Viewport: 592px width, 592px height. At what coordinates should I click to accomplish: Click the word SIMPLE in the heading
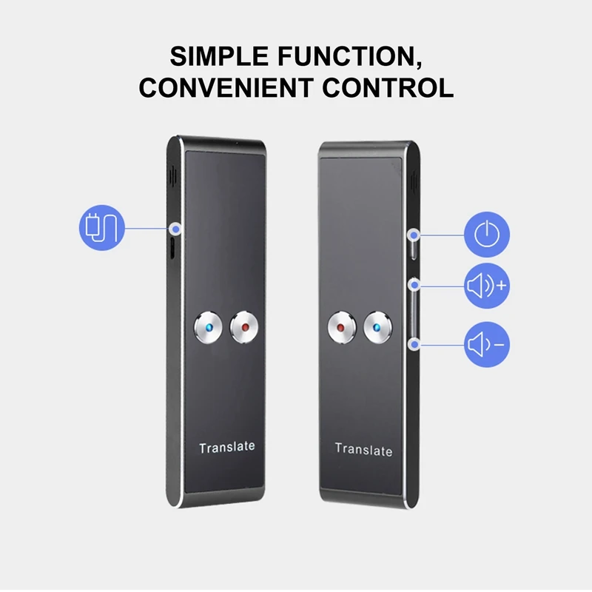[211, 57]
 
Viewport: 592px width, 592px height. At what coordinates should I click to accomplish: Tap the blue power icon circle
[487, 235]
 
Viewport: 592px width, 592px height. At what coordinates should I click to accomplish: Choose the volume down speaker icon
[487, 343]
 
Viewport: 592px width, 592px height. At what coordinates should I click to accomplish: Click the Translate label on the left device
[226, 447]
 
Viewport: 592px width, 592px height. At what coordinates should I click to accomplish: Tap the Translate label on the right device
[363, 449]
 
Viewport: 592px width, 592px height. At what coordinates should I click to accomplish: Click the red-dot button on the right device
[341, 326]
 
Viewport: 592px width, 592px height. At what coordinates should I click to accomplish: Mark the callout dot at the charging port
[176, 228]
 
